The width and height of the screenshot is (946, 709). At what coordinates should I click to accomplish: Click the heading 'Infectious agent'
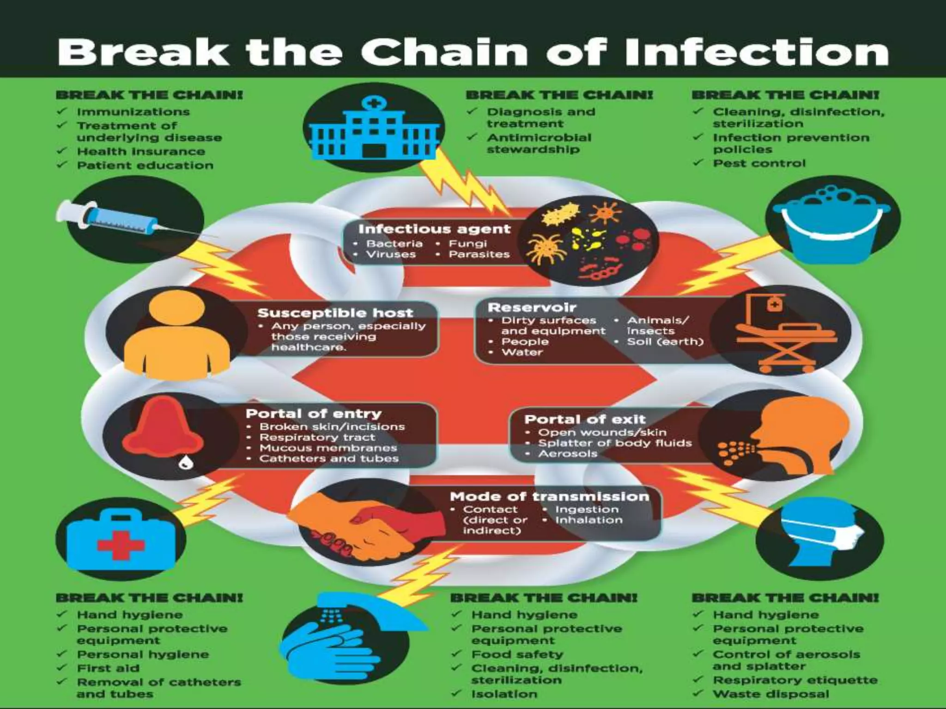(x=434, y=229)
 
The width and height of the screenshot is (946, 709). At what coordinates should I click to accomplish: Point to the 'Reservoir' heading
(x=532, y=307)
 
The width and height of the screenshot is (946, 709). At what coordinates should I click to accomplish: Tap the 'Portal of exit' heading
(x=584, y=419)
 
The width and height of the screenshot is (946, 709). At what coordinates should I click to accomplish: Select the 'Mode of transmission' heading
(x=549, y=497)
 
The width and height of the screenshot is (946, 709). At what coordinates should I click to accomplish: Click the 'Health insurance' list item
(x=141, y=151)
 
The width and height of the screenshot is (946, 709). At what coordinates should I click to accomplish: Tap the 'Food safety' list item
(x=517, y=655)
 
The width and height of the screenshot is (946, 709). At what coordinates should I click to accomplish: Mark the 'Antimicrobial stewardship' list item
(x=539, y=143)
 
